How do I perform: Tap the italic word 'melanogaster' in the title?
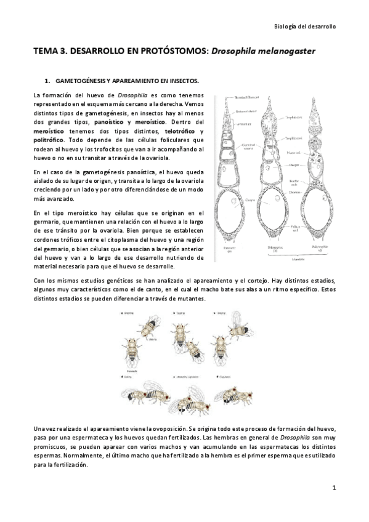click(285, 53)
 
